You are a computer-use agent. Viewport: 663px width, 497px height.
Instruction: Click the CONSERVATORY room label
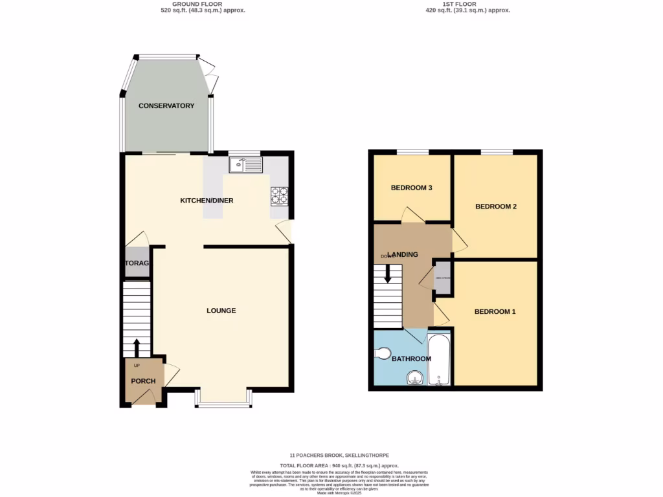click(x=166, y=105)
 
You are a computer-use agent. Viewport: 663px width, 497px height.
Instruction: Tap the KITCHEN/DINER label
click(x=207, y=201)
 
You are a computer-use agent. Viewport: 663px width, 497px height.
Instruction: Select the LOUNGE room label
click(x=221, y=311)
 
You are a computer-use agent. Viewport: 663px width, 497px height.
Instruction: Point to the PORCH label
click(x=143, y=381)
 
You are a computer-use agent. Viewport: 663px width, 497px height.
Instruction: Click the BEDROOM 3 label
click(x=411, y=188)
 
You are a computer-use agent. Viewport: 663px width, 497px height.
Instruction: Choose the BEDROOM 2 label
click(x=495, y=207)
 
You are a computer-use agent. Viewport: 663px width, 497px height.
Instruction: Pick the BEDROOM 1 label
click(x=495, y=312)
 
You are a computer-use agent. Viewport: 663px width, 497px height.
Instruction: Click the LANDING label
click(x=403, y=254)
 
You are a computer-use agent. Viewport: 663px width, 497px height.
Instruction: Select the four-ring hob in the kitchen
click(x=280, y=195)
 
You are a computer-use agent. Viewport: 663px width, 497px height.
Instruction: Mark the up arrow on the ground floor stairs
click(x=137, y=346)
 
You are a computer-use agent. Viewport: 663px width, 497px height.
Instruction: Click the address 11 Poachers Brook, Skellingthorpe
click(x=339, y=456)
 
